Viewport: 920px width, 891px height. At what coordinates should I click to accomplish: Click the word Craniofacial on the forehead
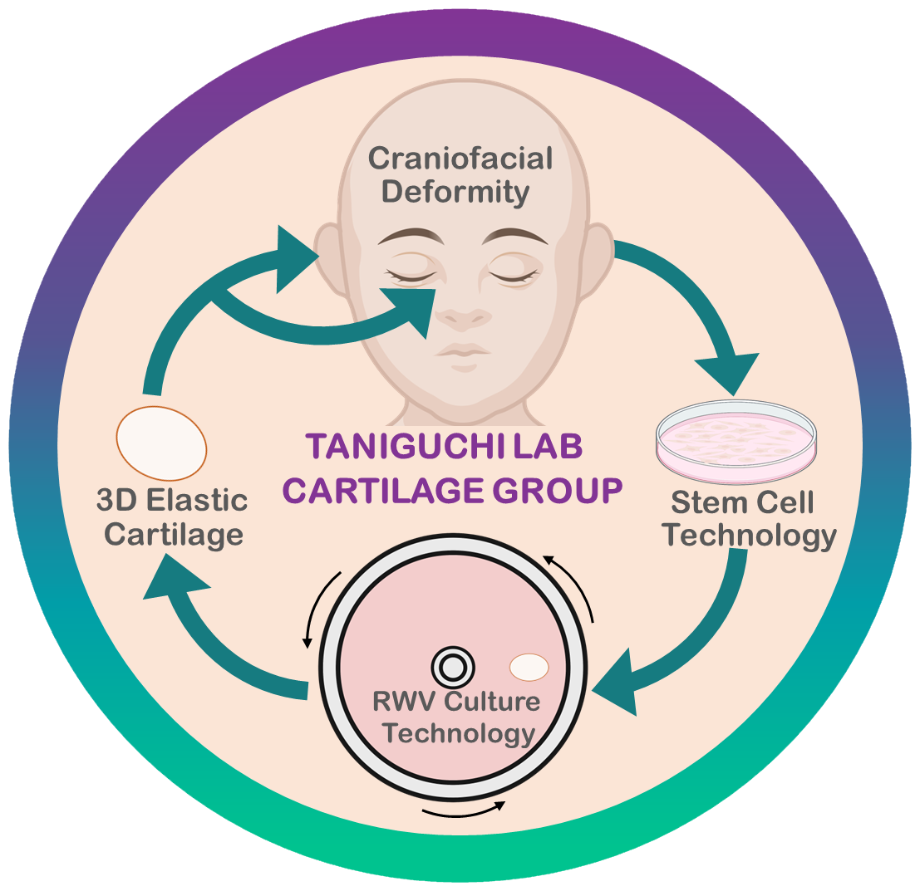(x=460, y=158)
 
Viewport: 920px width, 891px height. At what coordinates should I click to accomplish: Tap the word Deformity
(x=460, y=193)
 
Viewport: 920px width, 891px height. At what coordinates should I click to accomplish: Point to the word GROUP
(x=557, y=489)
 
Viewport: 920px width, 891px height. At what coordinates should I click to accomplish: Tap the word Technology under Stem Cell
(x=752, y=536)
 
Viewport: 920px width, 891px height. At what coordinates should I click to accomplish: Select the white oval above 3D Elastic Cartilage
(x=161, y=443)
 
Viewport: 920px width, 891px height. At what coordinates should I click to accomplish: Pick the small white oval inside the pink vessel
(x=529, y=666)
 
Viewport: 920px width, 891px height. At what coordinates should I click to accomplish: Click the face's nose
(x=462, y=316)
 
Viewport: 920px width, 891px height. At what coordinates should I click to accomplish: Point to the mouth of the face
(x=462, y=349)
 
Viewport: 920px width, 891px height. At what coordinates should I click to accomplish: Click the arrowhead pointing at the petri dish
(x=729, y=373)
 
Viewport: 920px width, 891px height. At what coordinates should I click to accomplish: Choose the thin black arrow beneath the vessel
(x=462, y=809)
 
